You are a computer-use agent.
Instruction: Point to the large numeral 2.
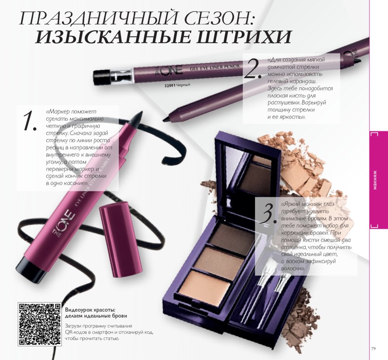253,69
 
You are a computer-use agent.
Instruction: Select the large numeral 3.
268,214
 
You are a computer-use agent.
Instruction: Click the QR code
40,324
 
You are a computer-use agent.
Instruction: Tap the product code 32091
170,86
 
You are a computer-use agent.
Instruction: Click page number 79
373,349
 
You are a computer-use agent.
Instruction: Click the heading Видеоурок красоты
90,310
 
